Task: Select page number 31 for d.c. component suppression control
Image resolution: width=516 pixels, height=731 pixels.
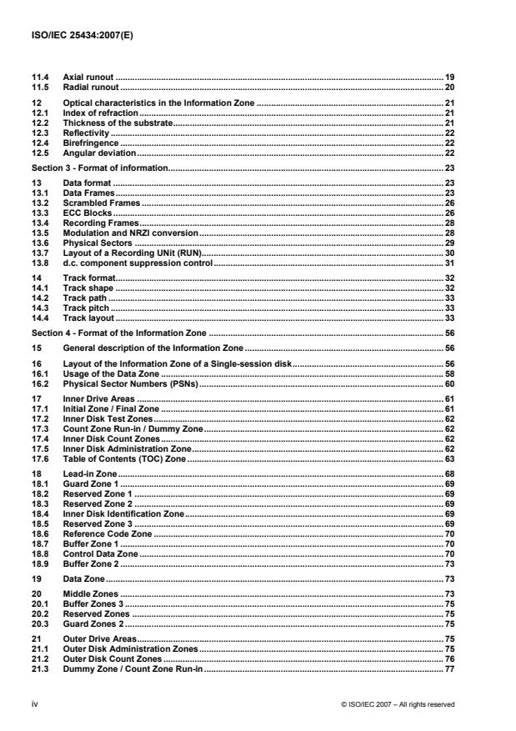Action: coord(448,263)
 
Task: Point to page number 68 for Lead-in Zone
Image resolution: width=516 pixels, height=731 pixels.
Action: coord(448,473)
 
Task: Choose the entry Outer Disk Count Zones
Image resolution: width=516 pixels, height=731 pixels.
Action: coord(113,658)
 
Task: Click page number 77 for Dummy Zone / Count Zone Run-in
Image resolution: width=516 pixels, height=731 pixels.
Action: coord(448,668)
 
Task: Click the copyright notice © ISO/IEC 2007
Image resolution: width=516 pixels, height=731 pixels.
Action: coord(398,704)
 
